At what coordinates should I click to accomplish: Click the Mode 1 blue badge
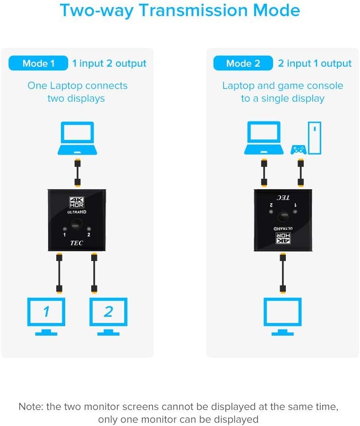[x=38, y=63]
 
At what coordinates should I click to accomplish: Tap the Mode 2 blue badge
[x=243, y=63]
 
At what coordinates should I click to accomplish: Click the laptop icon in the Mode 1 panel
[x=77, y=138]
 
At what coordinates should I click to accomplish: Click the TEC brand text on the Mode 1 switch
[x=77, y=242]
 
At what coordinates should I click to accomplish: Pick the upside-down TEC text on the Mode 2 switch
[x=283, y=197]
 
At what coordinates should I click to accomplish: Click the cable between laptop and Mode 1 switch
[x=77, y=173]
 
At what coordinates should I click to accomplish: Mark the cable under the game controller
[x=300, y=173]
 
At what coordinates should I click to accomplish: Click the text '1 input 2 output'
[x=109, y=63]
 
